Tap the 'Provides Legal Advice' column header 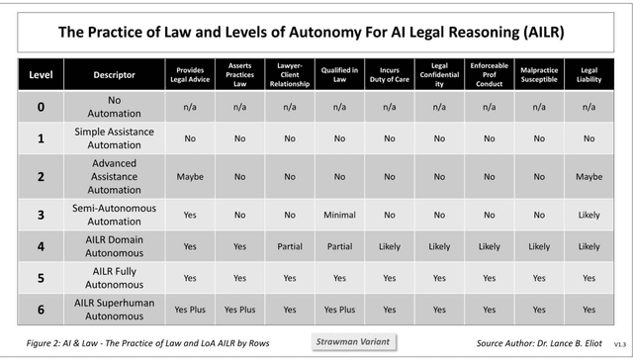[190, 74]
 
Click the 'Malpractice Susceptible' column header [538, 74]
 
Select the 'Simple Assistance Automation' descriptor [114, 138]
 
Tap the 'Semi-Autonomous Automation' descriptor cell [114, 213]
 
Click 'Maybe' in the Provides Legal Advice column [190, 176]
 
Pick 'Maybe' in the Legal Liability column [588, 176]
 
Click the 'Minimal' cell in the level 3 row [339, 213]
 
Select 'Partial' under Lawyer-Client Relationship [289, 246]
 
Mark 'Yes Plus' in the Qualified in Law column [339, 309]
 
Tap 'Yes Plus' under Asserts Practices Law [239, 309]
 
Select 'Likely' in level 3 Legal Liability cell [588, 213]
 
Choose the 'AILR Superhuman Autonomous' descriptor [114, 309]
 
